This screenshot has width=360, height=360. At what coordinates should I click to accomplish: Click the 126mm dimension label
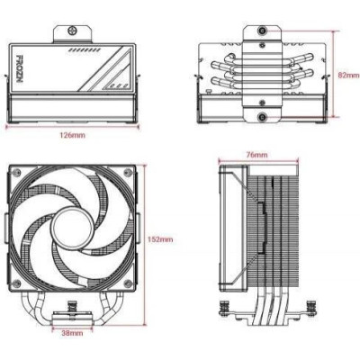pos(72,135)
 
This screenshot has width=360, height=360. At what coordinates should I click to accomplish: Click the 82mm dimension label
pos(348,75)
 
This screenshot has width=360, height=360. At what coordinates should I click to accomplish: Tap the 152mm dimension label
pos(160,239)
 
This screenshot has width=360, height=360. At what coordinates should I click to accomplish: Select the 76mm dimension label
pos(256,155)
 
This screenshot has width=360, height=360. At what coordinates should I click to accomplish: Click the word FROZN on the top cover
pos(19,68)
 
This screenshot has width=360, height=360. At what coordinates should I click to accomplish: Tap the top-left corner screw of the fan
pos(17,172)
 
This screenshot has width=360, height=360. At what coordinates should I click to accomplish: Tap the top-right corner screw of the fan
pos(129,172)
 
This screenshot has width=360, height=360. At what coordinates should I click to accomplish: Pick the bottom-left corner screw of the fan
pos(17,283)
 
